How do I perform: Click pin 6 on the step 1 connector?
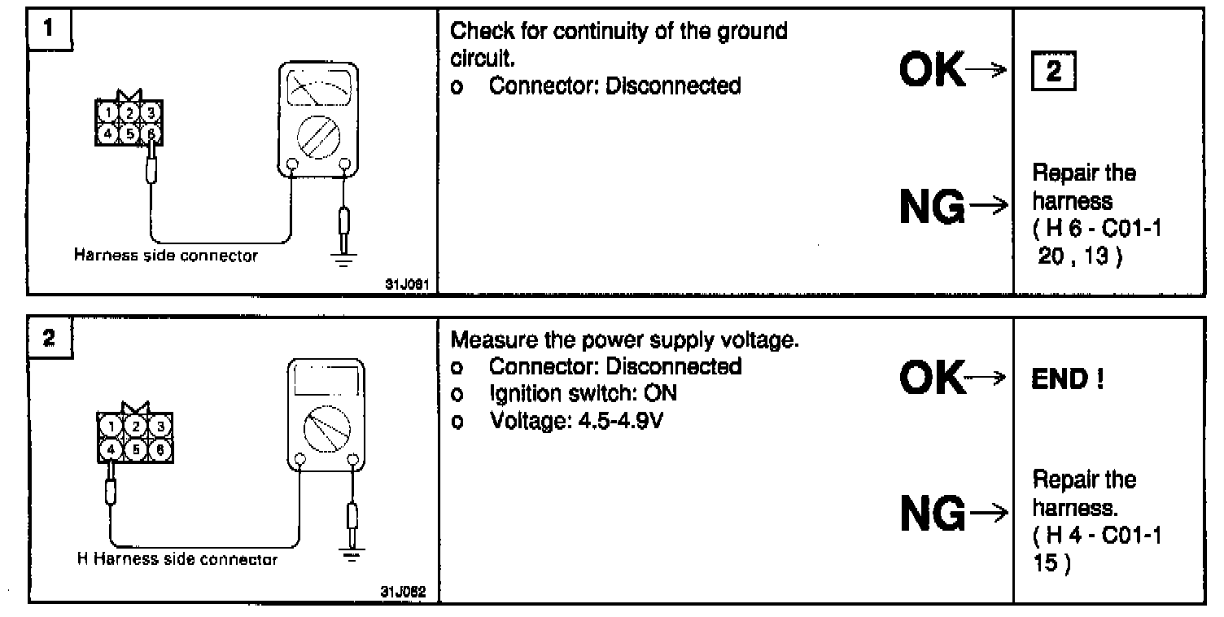(151, 132)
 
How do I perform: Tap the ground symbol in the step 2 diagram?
(352, 555)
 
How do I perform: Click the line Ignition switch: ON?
(583, 394)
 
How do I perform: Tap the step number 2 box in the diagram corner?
(49, 339)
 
